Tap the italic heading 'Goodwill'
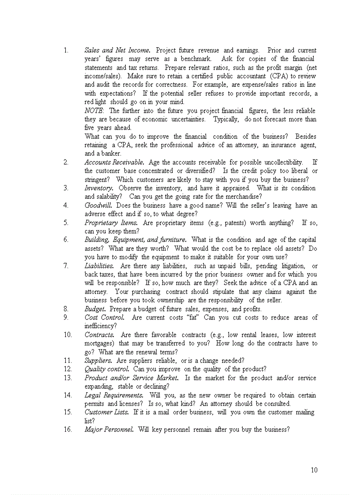coord(98,205)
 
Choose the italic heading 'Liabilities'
coord(99,266)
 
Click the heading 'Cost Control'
coord(105,317)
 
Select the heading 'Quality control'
coord(107,369)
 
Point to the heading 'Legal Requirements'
coord(114,395)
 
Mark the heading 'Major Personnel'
coord(109,429)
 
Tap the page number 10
coord(314,470)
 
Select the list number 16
coord(67,429)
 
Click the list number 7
coord(66,266)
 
